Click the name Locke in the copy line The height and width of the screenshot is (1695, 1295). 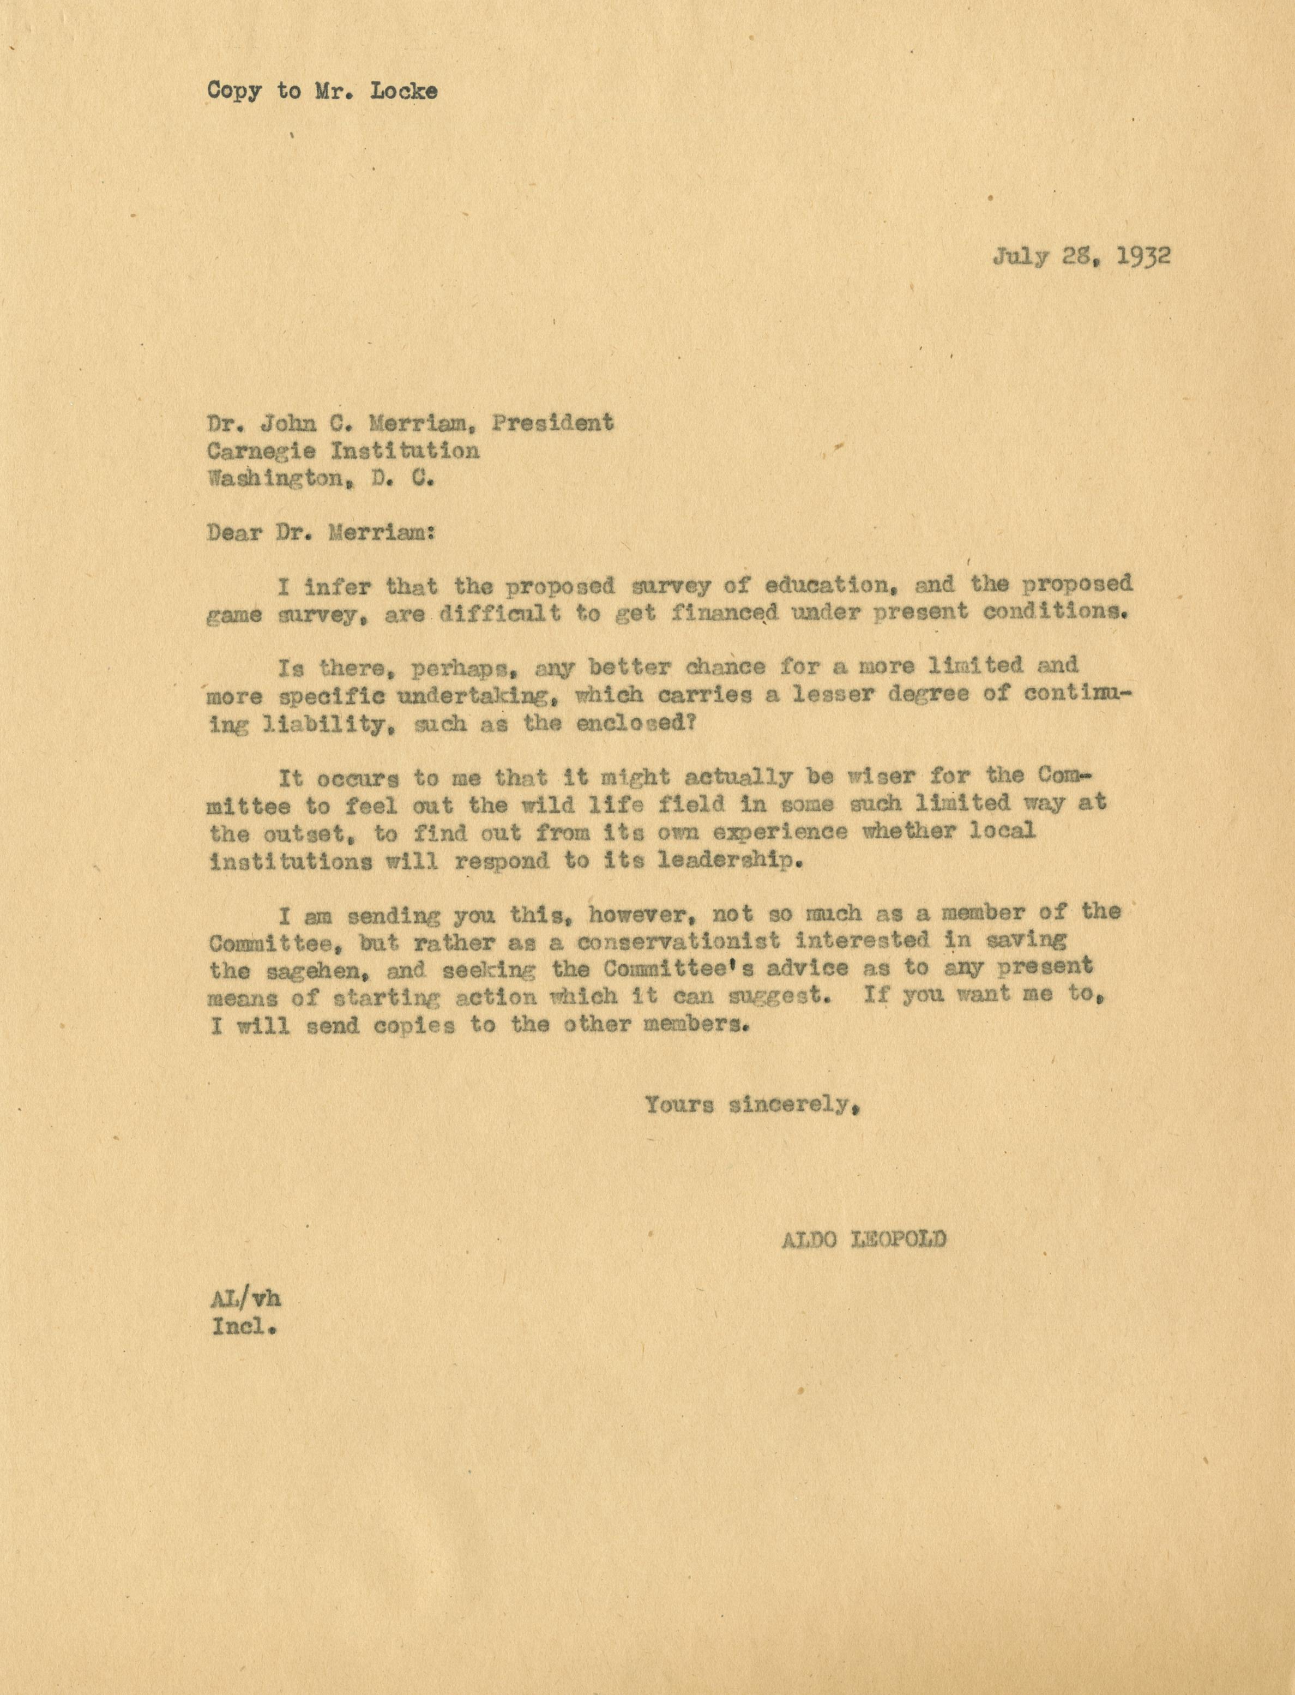404,91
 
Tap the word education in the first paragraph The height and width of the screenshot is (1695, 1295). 823,585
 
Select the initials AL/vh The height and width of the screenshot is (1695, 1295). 245,1300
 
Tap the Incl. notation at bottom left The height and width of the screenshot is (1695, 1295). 244,1328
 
